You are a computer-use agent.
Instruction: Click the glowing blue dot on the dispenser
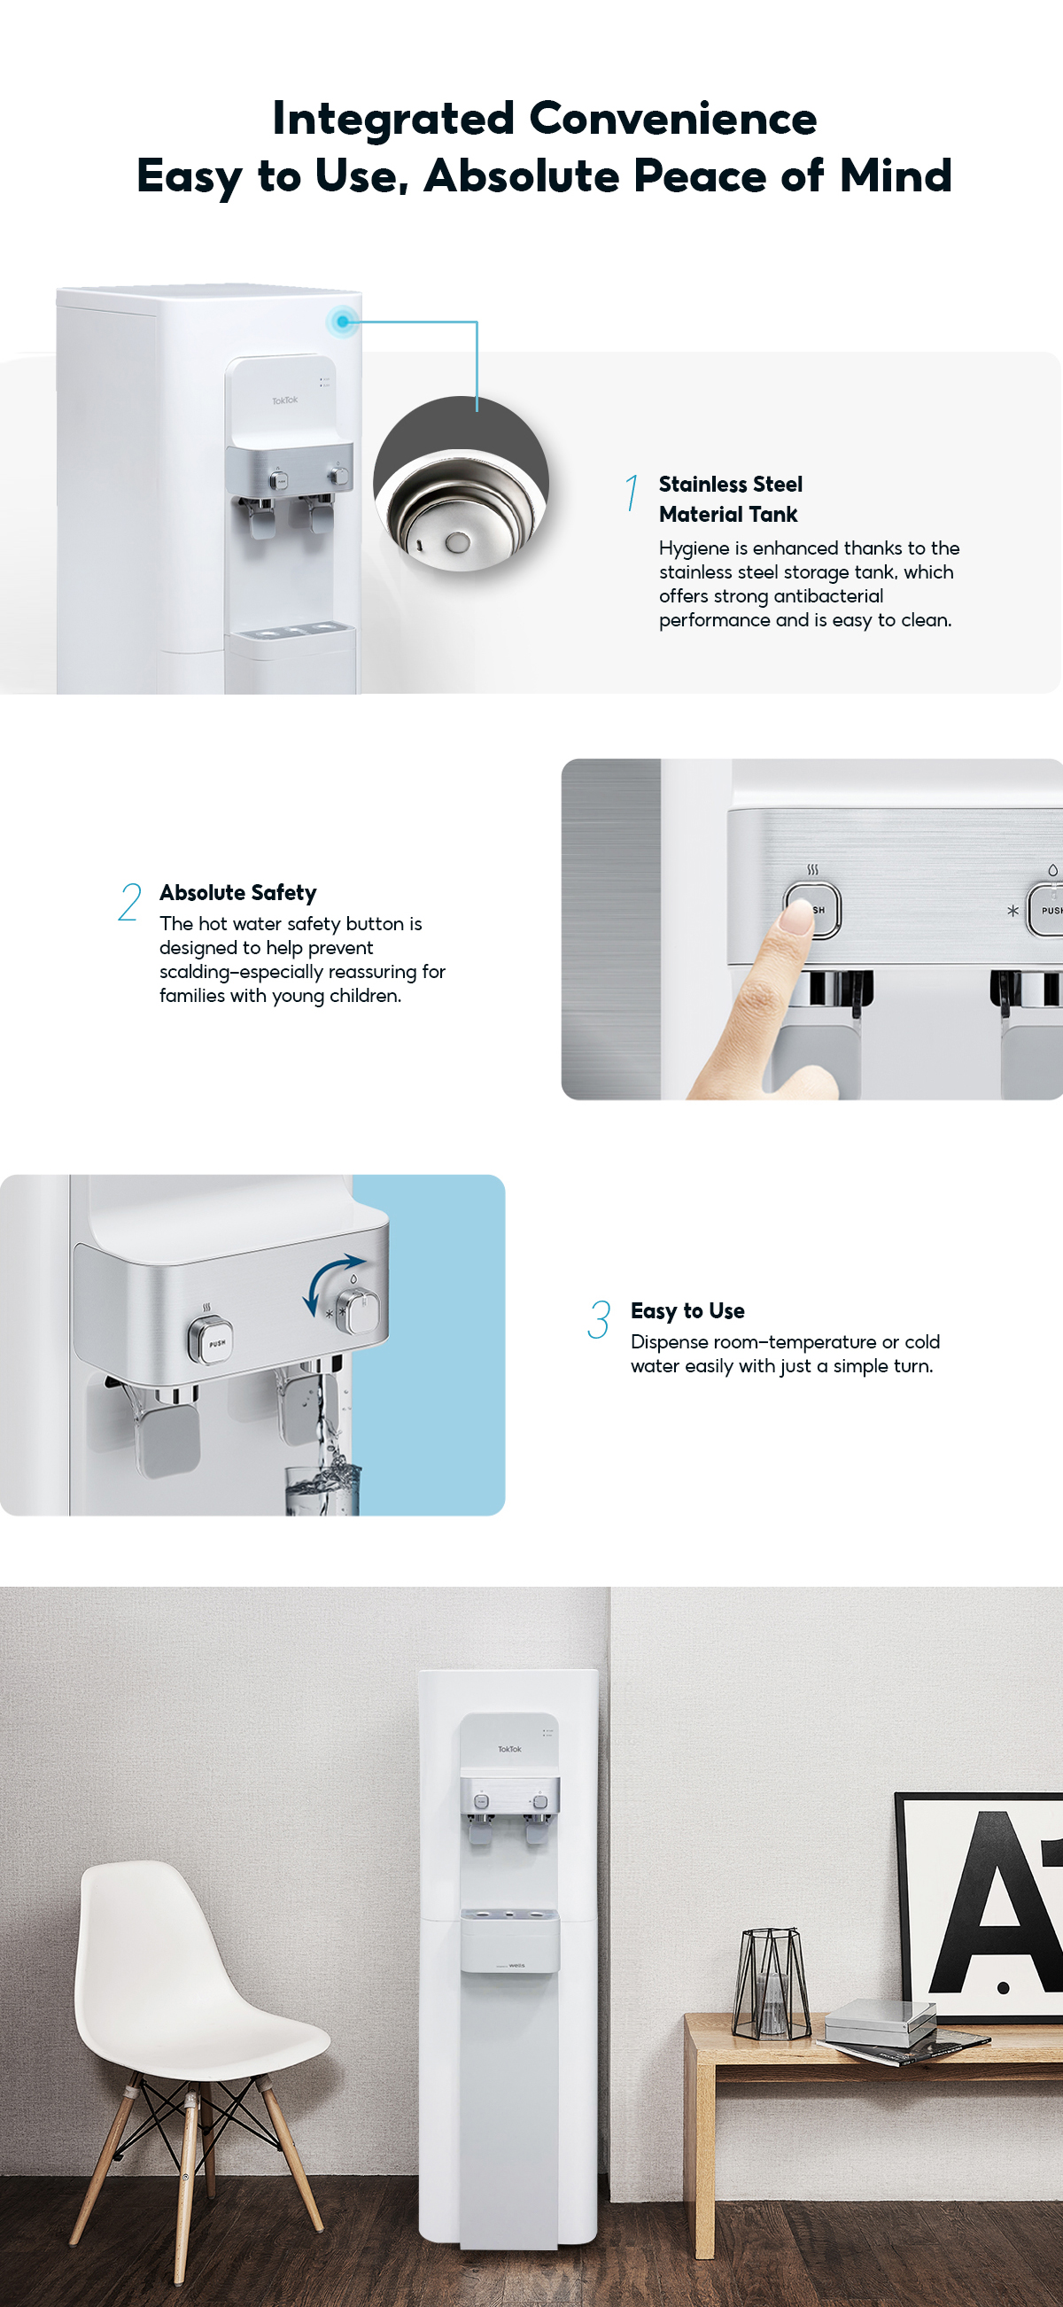point(342,322)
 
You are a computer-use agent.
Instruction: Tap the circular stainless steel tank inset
point(461,485)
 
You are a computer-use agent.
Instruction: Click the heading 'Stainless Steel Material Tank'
point(730,499)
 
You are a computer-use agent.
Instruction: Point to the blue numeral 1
point(632,493)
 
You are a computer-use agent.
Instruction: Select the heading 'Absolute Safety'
point(238,893)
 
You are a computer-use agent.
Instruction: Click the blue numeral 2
point(130,901)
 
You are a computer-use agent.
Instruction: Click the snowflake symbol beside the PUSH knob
point(1012,911)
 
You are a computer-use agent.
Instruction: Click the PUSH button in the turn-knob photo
point(212,1341)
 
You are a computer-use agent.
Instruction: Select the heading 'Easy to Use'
point(687,1311)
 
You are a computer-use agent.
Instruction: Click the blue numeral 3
point(598,1320)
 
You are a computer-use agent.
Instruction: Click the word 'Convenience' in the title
point(672,118)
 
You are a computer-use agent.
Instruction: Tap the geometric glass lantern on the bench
point(770,1983)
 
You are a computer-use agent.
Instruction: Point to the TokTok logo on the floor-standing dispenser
point(509,1748)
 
